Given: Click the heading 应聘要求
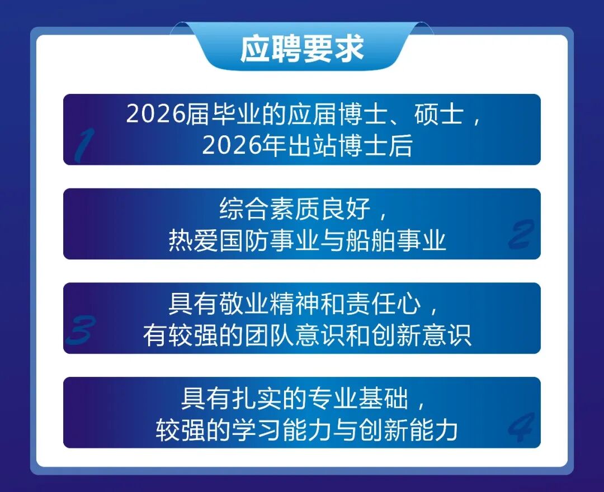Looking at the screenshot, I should (x=302, y=49).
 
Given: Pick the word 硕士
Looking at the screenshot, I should (x=439, y=115).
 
